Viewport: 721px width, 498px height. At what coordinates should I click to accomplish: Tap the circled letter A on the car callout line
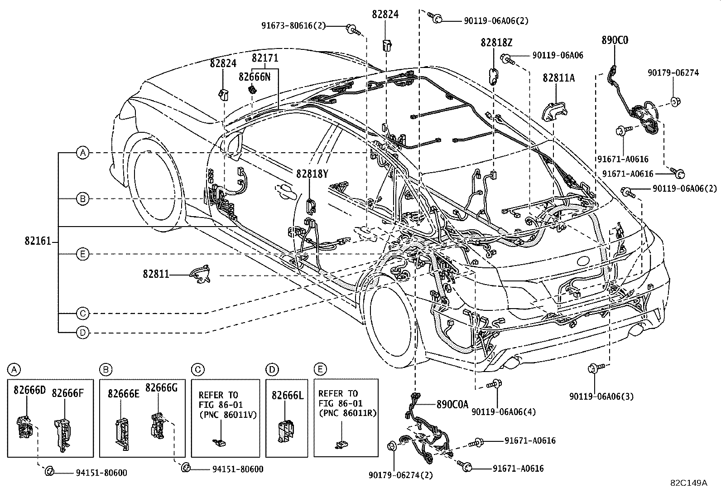82,153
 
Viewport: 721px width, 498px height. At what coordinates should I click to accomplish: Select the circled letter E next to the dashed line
82,254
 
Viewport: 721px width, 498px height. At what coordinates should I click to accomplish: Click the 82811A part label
558,78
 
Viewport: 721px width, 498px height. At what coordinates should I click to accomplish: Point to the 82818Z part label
496,43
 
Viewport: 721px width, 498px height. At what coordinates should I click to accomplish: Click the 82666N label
255,77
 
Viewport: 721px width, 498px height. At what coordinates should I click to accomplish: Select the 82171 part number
265,58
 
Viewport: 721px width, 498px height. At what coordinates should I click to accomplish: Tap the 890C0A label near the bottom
452,404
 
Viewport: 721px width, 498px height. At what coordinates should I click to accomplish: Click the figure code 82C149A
689,483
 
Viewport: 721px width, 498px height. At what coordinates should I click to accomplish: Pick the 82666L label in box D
287,395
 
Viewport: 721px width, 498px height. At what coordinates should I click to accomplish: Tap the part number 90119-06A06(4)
503,411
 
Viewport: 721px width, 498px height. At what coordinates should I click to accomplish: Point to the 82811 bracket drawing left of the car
201,274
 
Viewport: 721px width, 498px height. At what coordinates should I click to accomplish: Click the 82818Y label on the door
312,174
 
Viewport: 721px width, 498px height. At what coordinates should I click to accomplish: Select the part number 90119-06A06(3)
601,396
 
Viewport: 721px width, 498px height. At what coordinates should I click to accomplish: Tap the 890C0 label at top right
615,40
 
